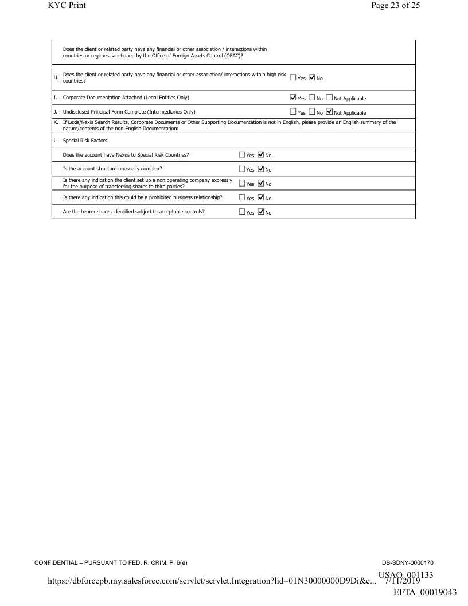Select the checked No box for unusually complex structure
(x=260, y=169)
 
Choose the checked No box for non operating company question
(x=260, y=184)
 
